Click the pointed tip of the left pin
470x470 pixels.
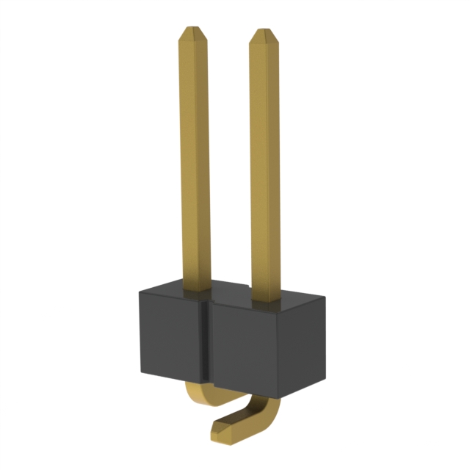pyautogui.click(x=192, y=31)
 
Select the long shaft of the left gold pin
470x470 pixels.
pyautogui.click(x=194, y=162)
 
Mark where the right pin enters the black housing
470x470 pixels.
pyautogui.click(x=265, y=300)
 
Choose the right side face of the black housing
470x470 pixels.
pyautogui.click(x=315, y=338)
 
